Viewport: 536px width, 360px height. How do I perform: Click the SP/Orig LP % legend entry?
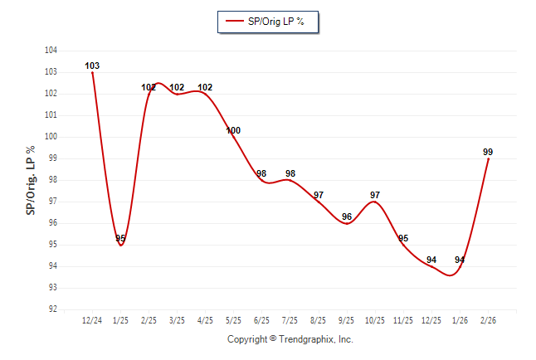pos(267,22)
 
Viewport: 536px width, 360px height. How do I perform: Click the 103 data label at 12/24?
pos(92,66)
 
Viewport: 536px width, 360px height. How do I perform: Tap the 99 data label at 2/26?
pos(488,152)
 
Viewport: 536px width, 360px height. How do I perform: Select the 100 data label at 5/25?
pos(233,130)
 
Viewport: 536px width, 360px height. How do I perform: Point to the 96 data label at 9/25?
pos(347,216)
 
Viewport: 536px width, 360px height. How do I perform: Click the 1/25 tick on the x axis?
pos(120,320)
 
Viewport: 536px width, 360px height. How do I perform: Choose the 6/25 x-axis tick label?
pos(261,320)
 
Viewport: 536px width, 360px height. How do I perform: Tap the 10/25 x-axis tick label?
pos(375,320)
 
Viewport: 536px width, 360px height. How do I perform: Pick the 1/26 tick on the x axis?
pos(460,320)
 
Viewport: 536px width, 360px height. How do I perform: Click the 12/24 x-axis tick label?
pos(92,320)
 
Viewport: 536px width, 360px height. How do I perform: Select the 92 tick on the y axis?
pos(51,309)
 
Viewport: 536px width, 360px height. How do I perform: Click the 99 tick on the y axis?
pos(51,158)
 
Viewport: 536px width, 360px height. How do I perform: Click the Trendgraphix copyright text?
pos(290,339)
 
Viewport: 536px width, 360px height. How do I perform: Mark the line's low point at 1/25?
pos(120,246)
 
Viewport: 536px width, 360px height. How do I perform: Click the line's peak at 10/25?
pos(375,202)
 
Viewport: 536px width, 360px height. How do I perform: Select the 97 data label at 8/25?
pos(319,195)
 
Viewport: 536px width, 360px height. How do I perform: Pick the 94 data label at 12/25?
pos(431,260)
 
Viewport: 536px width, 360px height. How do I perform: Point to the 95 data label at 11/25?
pos(403,238)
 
